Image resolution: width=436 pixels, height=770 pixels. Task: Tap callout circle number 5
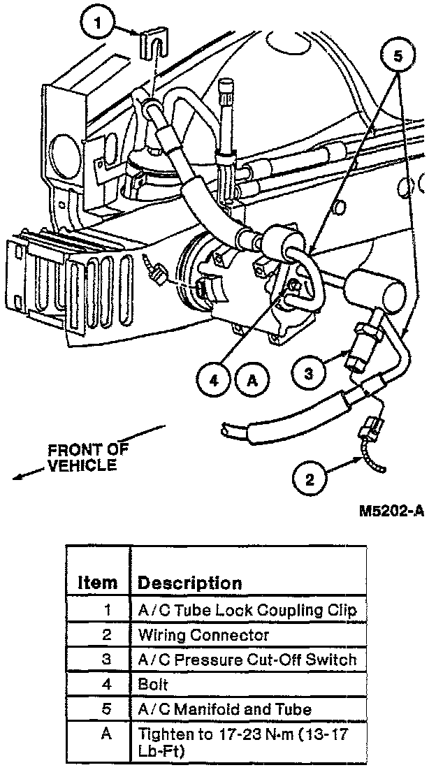[x=398, y=57]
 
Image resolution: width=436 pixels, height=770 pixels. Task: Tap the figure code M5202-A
[x=392, y=511]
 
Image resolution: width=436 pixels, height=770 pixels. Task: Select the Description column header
[x=189, y=583]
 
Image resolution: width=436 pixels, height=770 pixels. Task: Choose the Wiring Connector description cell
[x=203, y=635]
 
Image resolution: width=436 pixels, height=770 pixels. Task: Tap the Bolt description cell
[x=153, y=685]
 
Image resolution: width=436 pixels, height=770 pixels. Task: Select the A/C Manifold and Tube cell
[x=224, y=709]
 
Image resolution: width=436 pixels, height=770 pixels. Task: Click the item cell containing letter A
[x=106, y=734]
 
